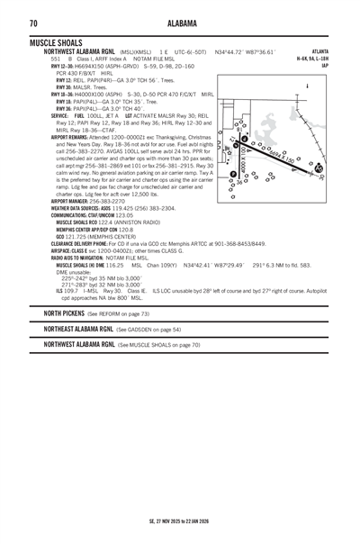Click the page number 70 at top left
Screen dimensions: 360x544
(32, 23)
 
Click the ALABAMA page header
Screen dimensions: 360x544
(179, 23)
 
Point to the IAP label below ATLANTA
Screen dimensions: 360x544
(325, 65)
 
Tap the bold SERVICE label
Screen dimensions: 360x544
(60, 116)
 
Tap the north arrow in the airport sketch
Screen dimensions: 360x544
(309, 86)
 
